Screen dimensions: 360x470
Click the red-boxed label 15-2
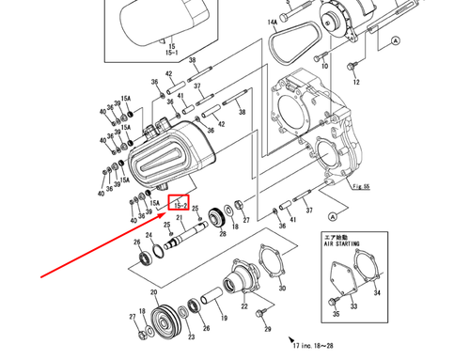(180, 204)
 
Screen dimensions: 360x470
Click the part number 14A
(271, 21)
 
